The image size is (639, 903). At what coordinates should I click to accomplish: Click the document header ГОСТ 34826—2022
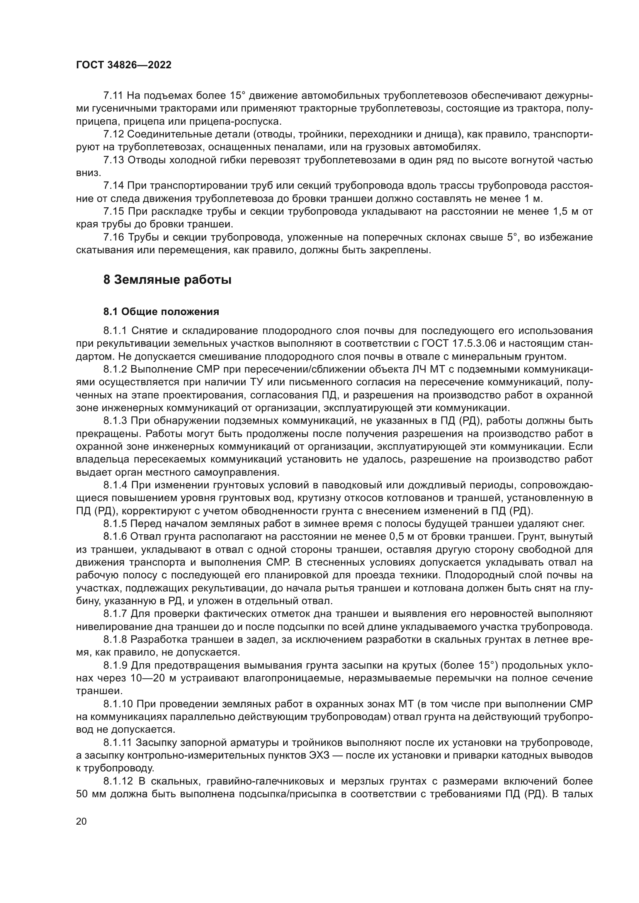[x=124, y=65]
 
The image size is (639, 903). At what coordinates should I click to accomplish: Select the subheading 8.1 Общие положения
[x=161, y=312]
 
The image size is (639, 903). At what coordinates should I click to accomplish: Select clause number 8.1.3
[x=115, y=421]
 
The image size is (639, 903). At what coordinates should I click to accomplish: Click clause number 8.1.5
[x=115, y=524]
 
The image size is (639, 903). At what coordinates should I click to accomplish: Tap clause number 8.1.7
[x=115, y=614]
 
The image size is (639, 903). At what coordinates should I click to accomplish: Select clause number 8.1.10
[x=118, y=704]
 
